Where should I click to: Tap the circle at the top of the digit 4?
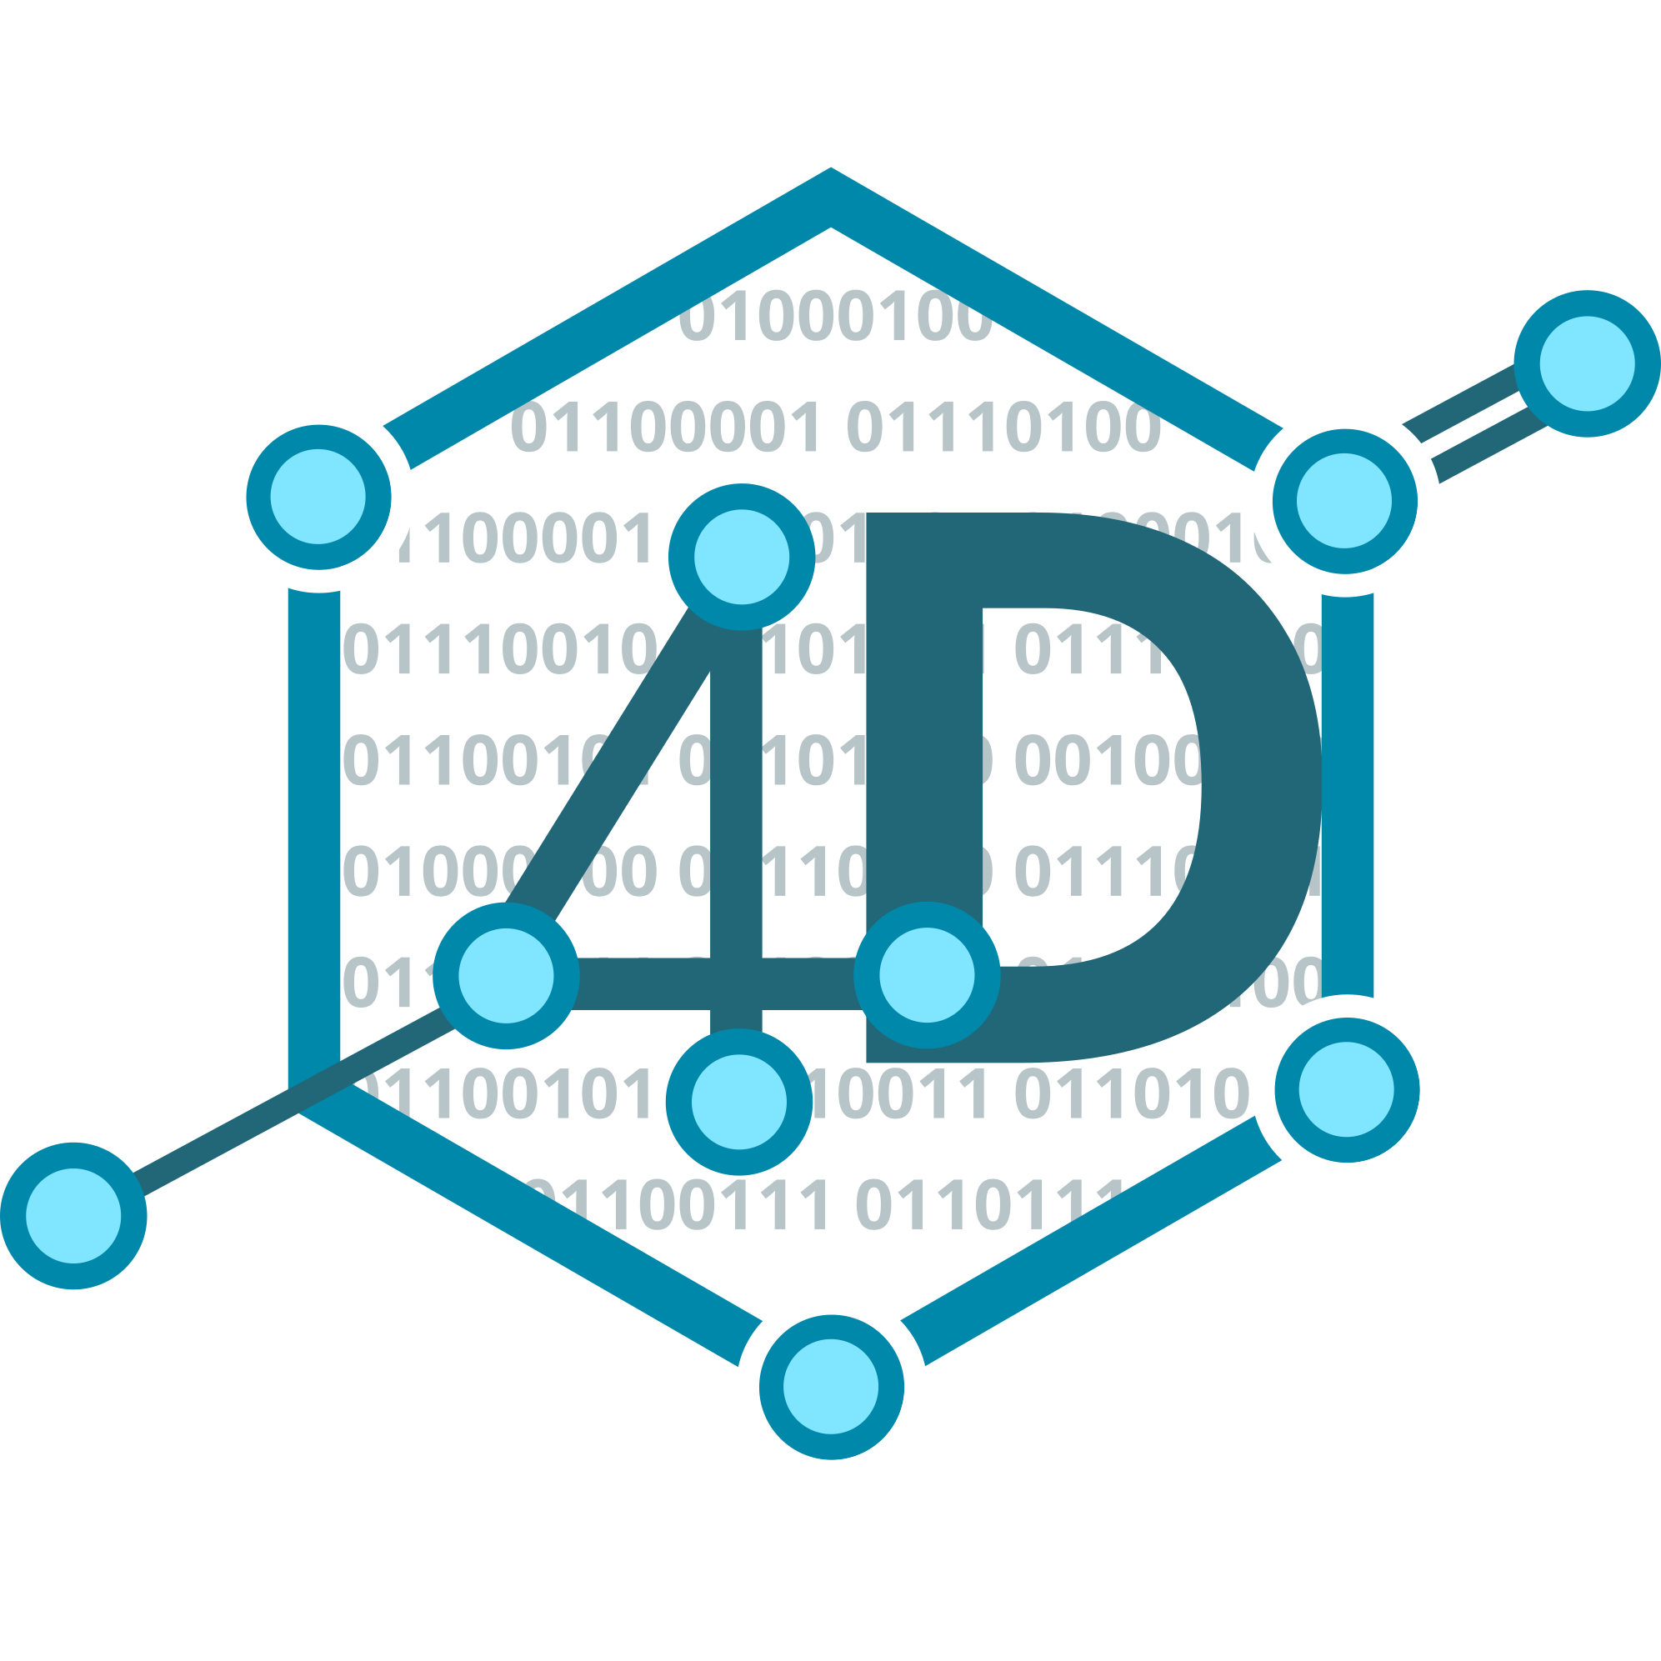[741, 556]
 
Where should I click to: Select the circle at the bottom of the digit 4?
[739, 1101]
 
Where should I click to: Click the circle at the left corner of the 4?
[506, 976]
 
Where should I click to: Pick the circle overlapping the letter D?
[927, 975]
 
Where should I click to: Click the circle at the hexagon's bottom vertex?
[830, 1387]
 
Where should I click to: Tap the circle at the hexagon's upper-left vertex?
[318, 497]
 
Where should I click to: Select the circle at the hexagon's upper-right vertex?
[1344, 500]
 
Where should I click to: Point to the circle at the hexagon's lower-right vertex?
[1346, 1089]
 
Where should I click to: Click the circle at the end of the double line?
[1587, 363]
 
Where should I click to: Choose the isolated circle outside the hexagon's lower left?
[73, 1216]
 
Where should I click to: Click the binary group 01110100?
[1003, 428]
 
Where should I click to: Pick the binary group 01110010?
[498, 649]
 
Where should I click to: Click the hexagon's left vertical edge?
[314, 817]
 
